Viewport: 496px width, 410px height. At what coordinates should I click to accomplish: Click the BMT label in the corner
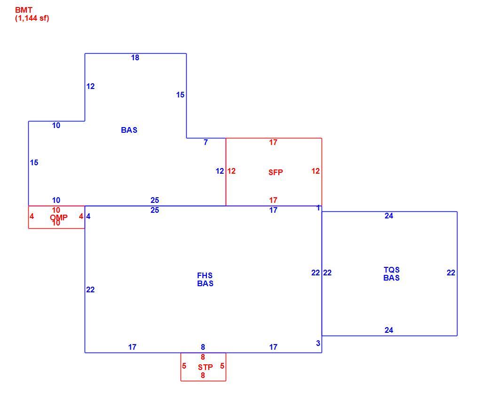pyautogui.click(x=24, y=10)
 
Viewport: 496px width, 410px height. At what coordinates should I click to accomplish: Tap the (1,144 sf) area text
pyautogui.click(x=32, y=18)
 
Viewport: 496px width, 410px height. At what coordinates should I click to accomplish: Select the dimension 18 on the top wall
pyautogui.click(x=135, y=57)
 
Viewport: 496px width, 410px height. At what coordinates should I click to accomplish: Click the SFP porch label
pyautogui.click(x=276, y=172)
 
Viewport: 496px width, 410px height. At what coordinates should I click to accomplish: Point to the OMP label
pyautogui.click(x=59, y=217)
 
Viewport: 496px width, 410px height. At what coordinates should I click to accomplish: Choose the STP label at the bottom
pyautogui.click(x=205, y=367)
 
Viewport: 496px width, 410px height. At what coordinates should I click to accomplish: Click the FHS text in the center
pyautogui.click(x=205, y=275)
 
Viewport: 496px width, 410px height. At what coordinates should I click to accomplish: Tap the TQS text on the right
pyautogui.click(x=392, y=270)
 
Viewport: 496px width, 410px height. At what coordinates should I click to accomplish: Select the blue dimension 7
pyautogui.click(x=205, y=143)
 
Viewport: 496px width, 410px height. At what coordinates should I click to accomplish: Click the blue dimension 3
pyautogui.click(x=318, y=343)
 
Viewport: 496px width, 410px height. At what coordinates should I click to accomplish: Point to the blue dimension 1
pyautogui.click(x=318, y=208)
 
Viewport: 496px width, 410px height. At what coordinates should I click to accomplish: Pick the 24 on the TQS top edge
pyautogui.click(x=389, y=216)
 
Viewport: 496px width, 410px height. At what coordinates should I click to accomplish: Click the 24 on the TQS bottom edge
pyautogui.click(x=389, y=330)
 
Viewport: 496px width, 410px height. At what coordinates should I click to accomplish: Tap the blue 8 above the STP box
pyautogui.click(x=203, y=347)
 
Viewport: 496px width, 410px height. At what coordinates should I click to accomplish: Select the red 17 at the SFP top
pyautogui.click(x=273, y=143)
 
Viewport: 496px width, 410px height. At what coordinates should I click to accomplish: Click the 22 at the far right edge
pyautogui.click(x=451, y=273)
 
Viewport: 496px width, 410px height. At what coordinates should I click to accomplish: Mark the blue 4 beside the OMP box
pyautogui.click(x=88, y=216)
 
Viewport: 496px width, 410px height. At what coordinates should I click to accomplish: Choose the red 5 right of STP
pyautogui.click(x=222, y=366)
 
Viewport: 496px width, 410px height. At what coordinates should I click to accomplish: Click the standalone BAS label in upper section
pyautogui.click(x=129, y=130)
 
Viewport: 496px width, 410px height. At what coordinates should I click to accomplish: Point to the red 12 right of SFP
pyautogui.click(x=315, y=171)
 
